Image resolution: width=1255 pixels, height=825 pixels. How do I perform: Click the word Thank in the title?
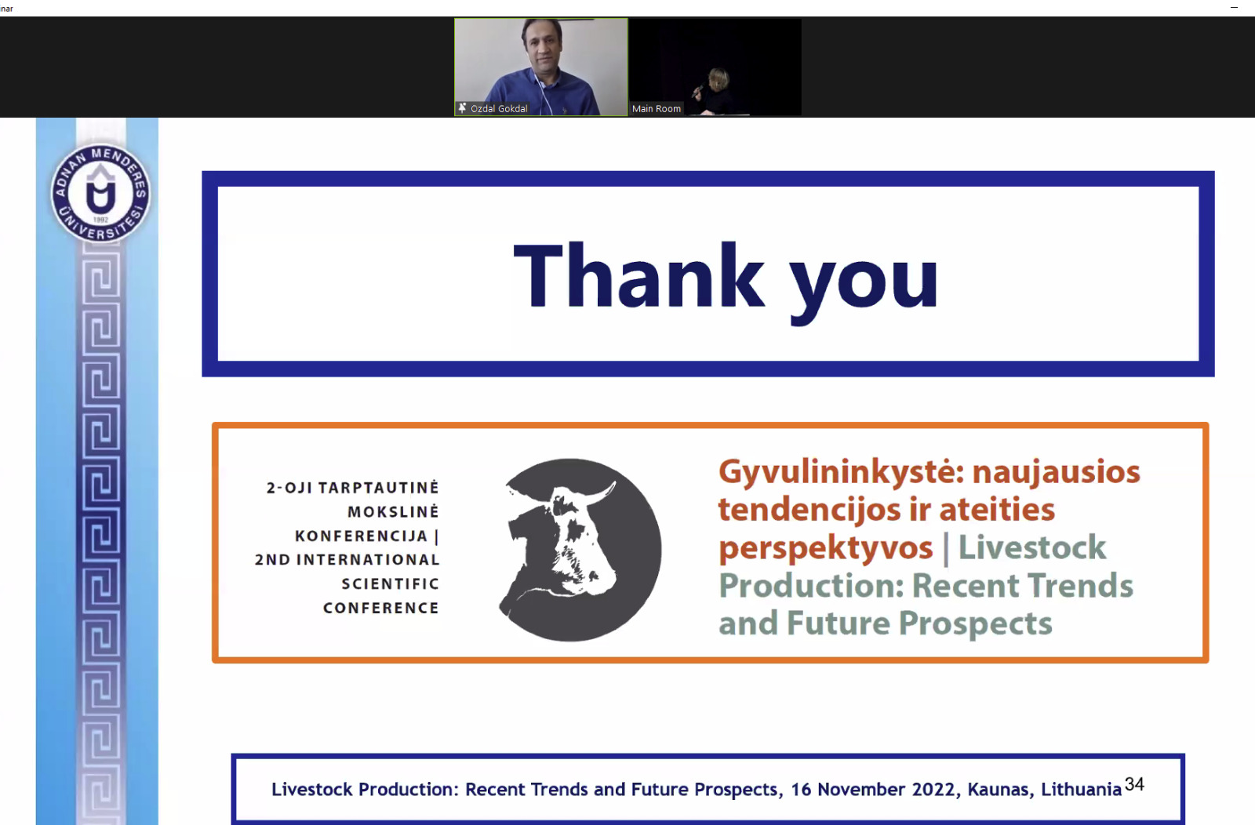click(638, 275)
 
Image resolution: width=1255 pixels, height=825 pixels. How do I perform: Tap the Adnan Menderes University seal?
click(100, 193)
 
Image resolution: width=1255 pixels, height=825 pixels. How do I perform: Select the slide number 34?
click(1134, 784)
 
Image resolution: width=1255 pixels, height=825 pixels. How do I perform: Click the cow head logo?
click(580, 550)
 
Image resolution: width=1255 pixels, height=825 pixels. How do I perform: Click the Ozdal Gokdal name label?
click(499, 109)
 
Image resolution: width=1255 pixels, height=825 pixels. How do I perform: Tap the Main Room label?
click(656, 109)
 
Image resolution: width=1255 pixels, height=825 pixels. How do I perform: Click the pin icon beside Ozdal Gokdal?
click(462, 108)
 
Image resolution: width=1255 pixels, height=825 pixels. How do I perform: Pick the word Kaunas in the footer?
click(1000, 790)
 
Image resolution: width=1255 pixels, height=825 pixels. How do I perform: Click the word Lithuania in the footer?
click(1082, 789)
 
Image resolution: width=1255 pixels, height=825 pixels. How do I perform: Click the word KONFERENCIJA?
click(362, 536)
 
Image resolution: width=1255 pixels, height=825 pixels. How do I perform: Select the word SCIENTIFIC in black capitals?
click(391, 583)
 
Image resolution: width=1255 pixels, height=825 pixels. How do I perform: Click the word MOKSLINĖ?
click(393, 511)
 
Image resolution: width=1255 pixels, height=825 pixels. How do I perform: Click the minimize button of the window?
click(1235, 8)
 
